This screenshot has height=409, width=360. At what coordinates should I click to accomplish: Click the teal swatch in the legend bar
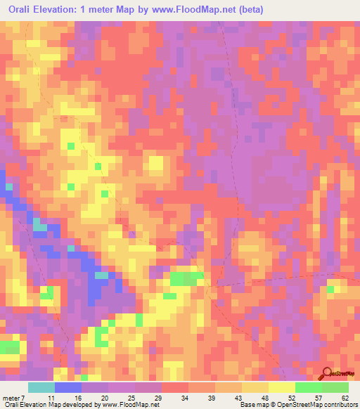pos(41,387)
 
